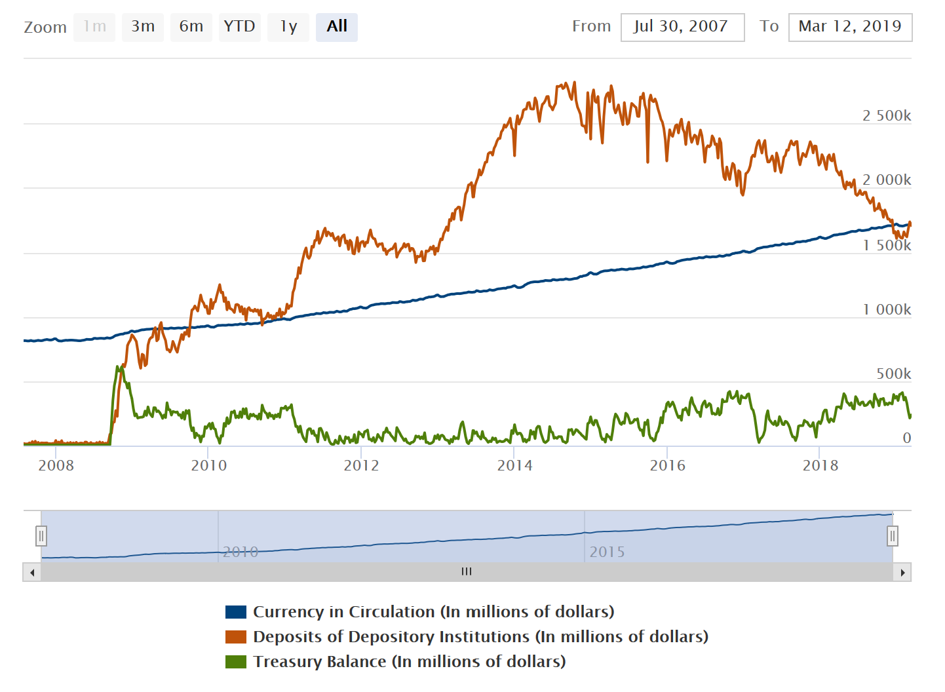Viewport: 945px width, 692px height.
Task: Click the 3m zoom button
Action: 143,27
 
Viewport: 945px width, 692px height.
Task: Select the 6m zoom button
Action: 191,27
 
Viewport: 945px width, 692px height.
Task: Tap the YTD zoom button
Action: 239,27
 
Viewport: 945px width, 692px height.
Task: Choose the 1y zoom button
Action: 288,27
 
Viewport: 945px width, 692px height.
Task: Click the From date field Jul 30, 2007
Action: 682,27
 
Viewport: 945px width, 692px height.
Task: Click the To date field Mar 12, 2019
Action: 850,27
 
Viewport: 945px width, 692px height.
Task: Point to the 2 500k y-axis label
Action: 886,116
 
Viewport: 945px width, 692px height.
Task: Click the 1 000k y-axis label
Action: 886,310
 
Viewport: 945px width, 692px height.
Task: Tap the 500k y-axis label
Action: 893,374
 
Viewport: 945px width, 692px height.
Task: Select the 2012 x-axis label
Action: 361,466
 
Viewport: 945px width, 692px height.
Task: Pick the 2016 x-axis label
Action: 667,466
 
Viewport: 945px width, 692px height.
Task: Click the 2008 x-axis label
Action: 56,466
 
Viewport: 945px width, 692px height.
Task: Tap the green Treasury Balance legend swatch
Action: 236,662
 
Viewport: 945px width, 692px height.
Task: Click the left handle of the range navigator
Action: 41,536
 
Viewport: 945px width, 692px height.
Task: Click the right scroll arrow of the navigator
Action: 902,573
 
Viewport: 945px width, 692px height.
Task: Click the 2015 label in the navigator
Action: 607,552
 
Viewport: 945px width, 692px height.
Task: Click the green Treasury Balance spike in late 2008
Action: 119,371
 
